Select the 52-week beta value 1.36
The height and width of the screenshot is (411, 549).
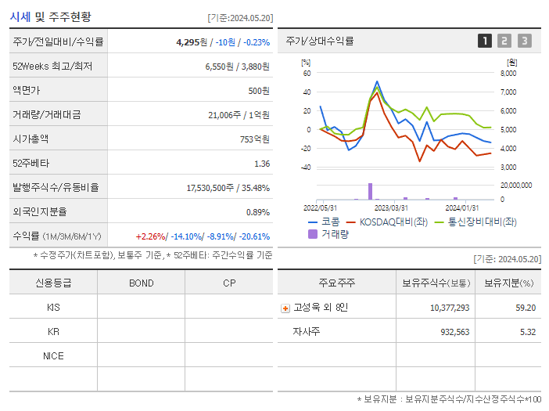[261, 164]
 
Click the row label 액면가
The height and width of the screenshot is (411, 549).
[27, 91]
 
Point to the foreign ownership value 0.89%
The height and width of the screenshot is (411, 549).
[257, 212]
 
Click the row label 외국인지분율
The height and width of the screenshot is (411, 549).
[40, 212]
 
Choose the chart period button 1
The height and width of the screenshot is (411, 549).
[485, 41]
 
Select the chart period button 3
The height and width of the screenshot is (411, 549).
[524, 41]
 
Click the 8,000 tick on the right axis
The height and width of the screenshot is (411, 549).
[508, 74]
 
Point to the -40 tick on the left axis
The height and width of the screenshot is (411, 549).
[306, 168]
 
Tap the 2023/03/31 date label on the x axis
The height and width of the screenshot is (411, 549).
[391, 207]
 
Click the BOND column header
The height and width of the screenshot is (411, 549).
[141, 283]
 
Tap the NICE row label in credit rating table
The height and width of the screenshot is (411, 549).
[53, 356]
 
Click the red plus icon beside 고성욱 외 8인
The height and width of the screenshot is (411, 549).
[285, 308]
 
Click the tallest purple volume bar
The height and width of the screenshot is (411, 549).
[370, 191]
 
